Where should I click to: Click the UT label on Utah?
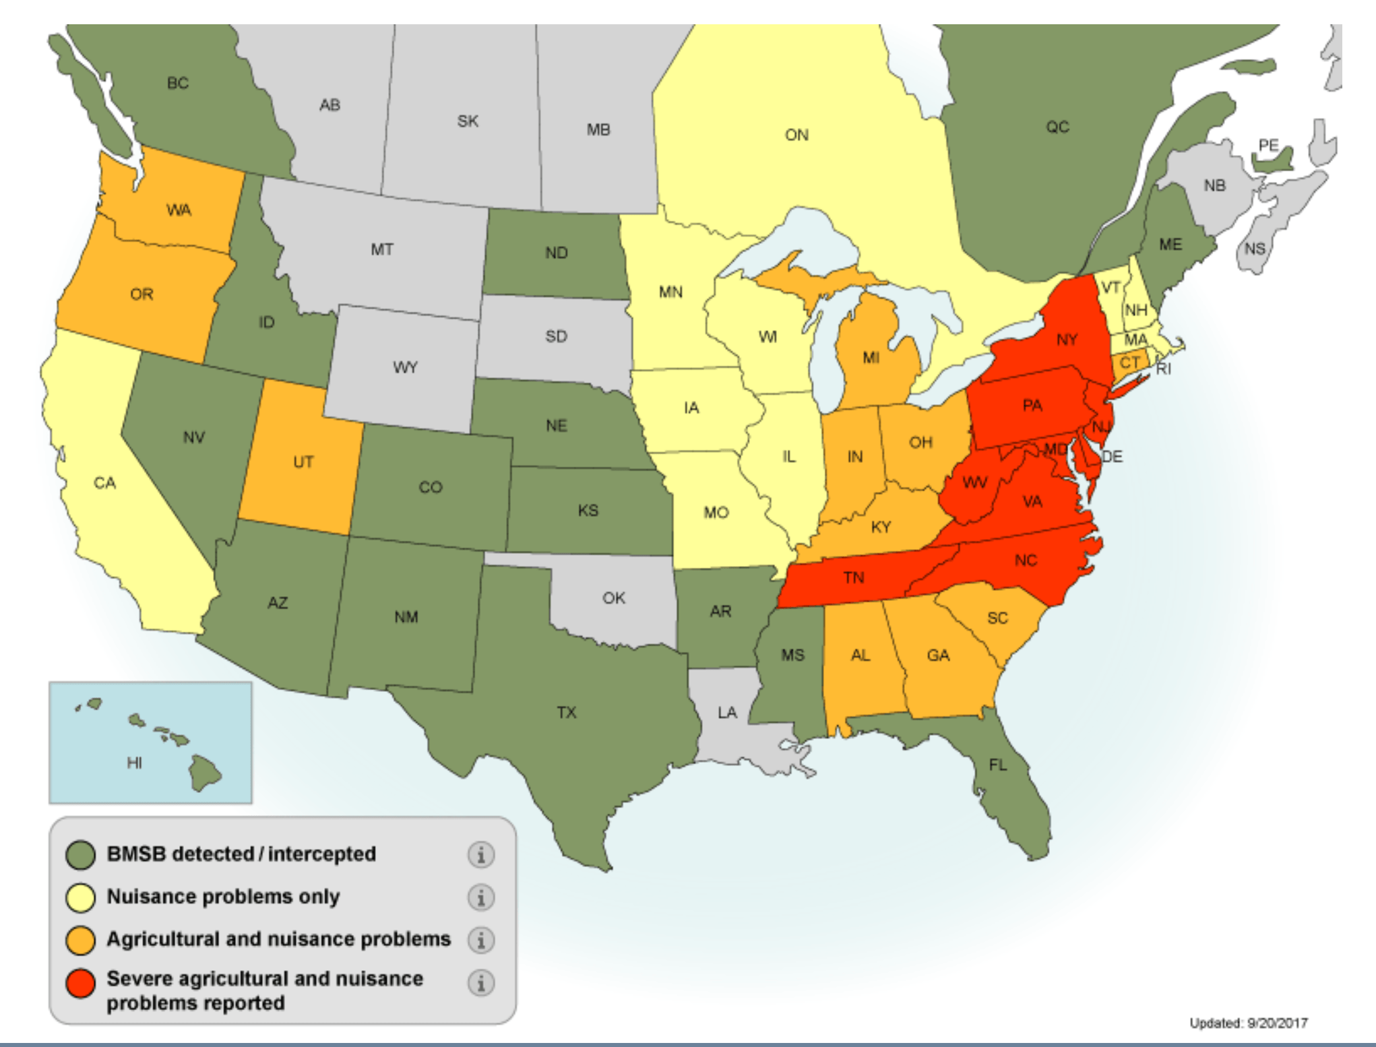[303, 462]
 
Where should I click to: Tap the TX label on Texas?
[567, 712]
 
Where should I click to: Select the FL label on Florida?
[998, 765]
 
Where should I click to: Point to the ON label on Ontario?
[796, 135]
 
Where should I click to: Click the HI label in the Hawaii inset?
[134, 763]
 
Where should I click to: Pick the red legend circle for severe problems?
[81, 984]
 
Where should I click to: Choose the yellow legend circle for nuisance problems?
[81, 897]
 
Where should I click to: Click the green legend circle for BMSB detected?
[81, 855]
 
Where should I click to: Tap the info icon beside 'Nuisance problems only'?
[481, 897]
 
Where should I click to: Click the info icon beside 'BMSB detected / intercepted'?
[481, 855]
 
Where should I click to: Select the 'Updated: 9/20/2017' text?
[1249, 1023]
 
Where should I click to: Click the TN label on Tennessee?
[854, 577]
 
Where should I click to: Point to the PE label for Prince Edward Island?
[1268, 145]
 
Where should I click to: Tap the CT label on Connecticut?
[1129, 363]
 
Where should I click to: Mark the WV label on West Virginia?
[975, 482]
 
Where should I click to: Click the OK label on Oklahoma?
[614, 598]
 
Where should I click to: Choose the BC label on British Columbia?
[178, 84]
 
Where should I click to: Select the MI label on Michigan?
[871, 358]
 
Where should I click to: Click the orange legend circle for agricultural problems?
[81, 941]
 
